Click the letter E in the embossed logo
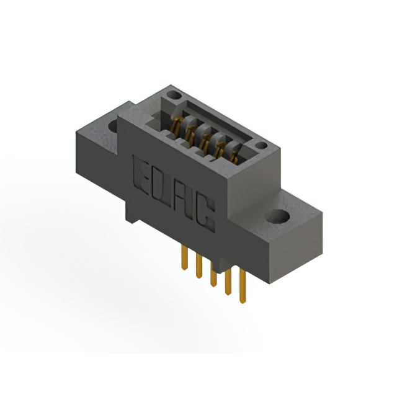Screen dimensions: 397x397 [x=141, y=175]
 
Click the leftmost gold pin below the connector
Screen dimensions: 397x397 [x=185, y=258]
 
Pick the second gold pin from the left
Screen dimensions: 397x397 [x=199, y=266]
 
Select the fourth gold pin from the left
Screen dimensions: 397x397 [x=228, y=282]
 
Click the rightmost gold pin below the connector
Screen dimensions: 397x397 [x=243, y=286]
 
